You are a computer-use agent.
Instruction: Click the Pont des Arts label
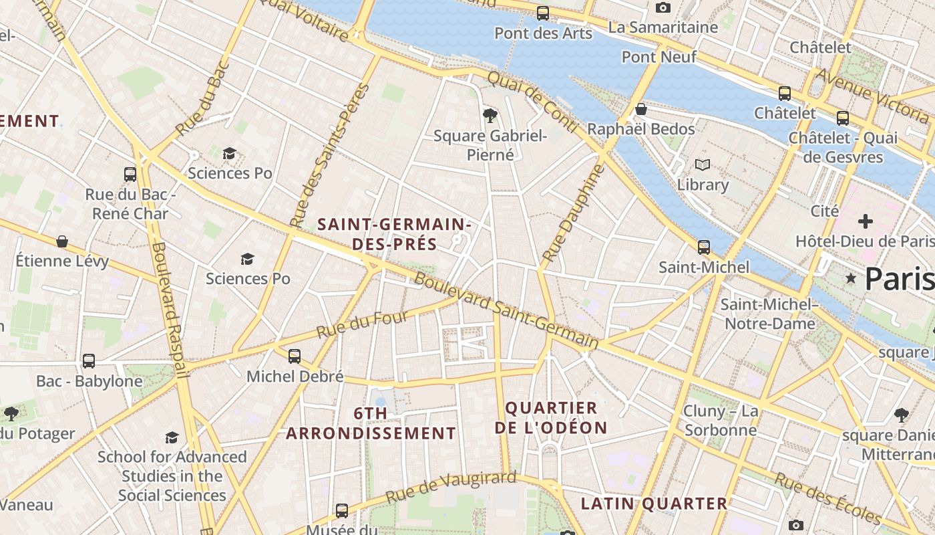click(x=543, y=33)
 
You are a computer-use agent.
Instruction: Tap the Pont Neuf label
click(x=659, y=57)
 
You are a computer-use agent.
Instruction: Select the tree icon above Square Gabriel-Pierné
click(x=490, y=116)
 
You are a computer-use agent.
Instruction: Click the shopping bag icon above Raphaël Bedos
click(x=641, y=109)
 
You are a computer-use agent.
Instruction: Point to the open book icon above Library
click(x=702, y=165)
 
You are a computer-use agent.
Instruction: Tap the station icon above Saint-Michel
click(x=704, y=247)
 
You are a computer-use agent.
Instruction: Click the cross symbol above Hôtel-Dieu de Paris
click(x=866, y=221)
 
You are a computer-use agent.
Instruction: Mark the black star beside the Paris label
click(x=850, y=278)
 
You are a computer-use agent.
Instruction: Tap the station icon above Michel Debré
click(x=295, y=356)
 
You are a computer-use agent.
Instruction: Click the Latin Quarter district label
click(x=653, y=504)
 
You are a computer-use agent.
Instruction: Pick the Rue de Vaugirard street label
click(x=451, y=487)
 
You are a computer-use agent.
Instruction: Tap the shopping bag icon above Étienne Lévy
click(x=62, y=241)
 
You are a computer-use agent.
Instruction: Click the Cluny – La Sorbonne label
click(x=720, y=420)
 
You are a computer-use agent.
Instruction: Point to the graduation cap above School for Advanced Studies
click(x=172, y=437)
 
